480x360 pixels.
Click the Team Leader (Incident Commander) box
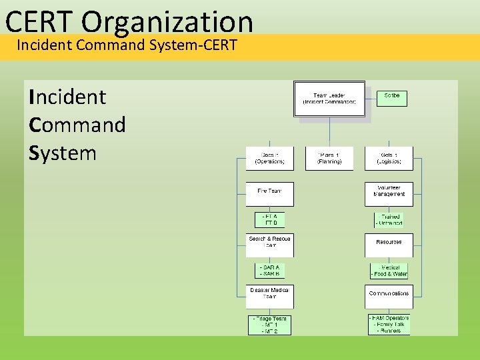click(x=329, y=99)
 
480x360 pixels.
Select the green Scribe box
click(x=391, y=99)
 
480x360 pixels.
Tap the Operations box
click(x=269, y=159)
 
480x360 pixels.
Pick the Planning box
click(x=329, y=159)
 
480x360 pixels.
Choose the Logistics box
click(x=389, y=159)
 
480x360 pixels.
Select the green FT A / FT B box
click(x=269, y=220)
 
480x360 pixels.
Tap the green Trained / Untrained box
click(x=389, y=220)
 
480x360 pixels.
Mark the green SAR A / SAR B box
click(x=269, y=271)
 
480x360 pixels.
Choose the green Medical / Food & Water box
click(x=389, y=271)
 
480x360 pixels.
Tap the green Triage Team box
click(x=269, y=325)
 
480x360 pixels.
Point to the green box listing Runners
click(x=389, y=325)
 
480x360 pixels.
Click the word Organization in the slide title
click(x=168, y=21)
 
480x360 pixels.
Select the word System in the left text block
click(x=63, y=153)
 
